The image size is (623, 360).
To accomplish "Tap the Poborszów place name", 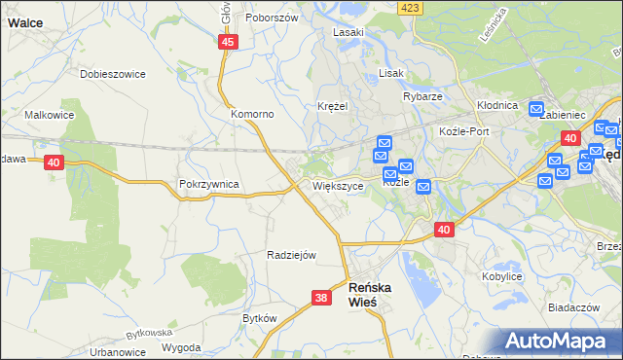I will [x=271, y=18].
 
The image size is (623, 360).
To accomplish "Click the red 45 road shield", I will [x=228, y=42].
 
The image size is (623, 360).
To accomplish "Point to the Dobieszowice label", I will [x=113, y=73].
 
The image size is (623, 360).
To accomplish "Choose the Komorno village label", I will [x=252, y=114].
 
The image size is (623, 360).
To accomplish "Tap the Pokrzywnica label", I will [x=209, y=183].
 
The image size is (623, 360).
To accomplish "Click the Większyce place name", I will [x=339, y=185].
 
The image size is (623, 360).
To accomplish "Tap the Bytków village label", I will [x=261, y=318].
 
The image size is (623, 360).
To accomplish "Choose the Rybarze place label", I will [x=422, y=96].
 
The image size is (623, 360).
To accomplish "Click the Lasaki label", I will [x=348, y=32].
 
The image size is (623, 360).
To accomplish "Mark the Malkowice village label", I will [x=50, y=114].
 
